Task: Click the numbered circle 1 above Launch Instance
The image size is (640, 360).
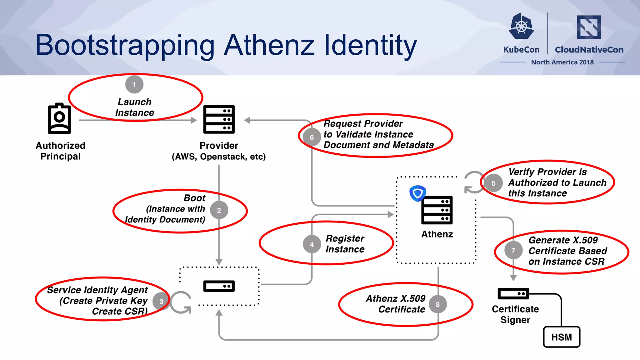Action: pos(134,84)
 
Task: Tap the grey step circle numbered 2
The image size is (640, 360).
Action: pos(219,210)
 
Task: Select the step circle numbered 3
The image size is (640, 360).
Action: pos(161,302)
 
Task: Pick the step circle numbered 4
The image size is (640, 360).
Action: pos(312,244)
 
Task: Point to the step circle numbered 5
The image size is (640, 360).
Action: pos(493,183)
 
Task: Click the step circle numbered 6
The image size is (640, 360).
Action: pos(312,137)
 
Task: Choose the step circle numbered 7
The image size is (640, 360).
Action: pos(513,250)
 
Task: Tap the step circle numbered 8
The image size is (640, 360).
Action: pos(437,304)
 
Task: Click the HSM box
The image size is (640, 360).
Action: pos(562,337)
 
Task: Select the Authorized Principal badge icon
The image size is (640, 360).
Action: pos(59,118)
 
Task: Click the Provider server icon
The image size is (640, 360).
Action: pos(219,119)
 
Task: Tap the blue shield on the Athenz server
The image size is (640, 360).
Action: pos(417,193)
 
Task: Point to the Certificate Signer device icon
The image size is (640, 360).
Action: pos(513,294)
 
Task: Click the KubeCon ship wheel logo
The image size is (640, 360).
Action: pos(521,26)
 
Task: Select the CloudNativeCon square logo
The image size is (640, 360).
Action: pos(589,27)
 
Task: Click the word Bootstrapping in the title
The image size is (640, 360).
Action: pos(125,45)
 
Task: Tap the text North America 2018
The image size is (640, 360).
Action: pos(562,62)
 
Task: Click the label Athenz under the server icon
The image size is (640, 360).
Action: pos(437,234)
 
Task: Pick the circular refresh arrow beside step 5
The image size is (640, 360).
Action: pos(473,182)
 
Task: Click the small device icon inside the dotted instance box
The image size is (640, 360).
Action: pos(219,286)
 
